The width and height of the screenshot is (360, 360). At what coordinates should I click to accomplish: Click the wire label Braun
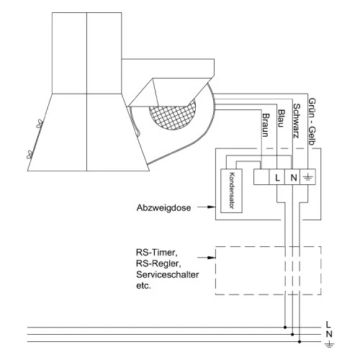click(266, 125)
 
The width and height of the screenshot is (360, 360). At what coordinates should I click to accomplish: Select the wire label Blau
click(281, 118)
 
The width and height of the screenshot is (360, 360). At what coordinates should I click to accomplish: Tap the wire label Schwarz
click(297, 121)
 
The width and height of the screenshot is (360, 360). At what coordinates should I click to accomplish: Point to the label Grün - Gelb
click(312, 122)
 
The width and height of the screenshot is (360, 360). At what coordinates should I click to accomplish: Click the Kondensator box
click(231, 191)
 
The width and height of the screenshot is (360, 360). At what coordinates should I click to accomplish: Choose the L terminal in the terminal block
click(277, 177)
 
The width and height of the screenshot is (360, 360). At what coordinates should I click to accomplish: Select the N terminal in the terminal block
click(292, 177)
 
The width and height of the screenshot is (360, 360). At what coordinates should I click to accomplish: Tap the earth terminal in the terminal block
click(308, 177)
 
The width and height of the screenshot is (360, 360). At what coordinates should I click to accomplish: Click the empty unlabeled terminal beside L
click(261, 177)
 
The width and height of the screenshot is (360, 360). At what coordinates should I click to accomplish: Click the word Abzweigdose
click(163, 207)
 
